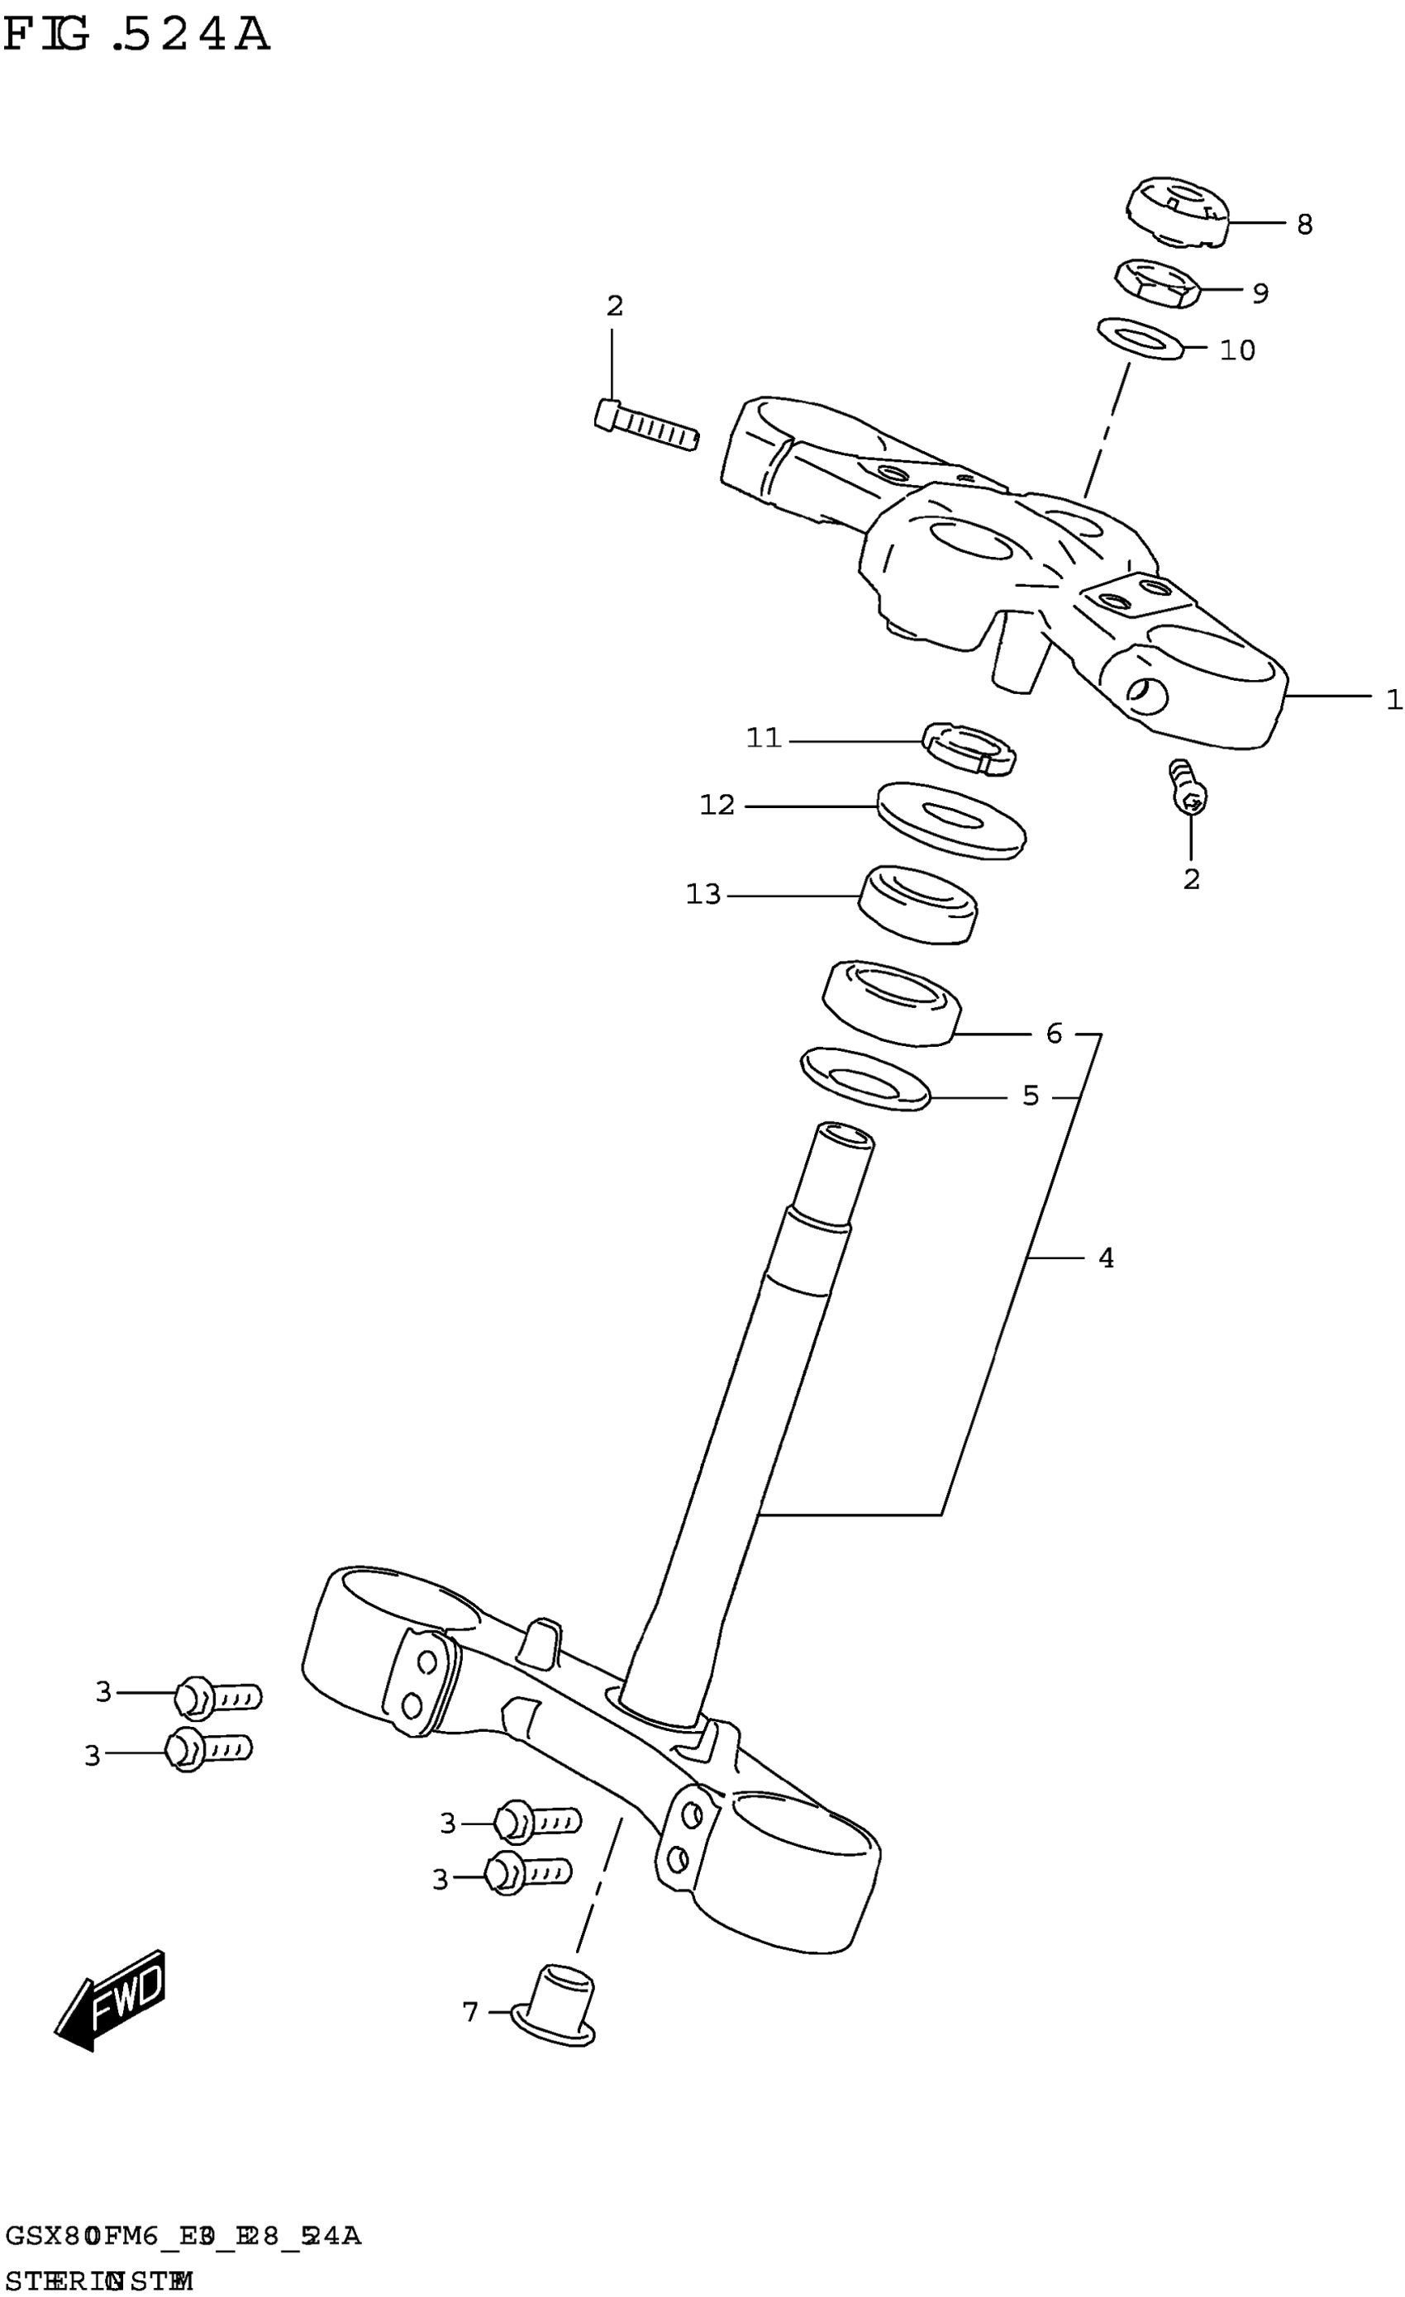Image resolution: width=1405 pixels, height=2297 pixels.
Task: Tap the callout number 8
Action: pyautogui.click(x=1304, y=225)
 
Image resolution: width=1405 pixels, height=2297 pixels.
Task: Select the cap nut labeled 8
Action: pyautogui.click(x=1177, y=212)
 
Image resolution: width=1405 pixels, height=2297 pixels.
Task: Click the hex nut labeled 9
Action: pyautogui.click(x=1156, y=284)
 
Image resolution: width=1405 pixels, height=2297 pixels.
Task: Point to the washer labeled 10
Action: pyautogui.click(x=1141, y=337)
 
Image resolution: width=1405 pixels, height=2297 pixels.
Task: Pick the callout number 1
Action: pyautogui.click(x=1393, y=699)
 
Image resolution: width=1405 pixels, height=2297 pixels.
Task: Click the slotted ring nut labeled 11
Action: pyautogui.click(x=969, y=749)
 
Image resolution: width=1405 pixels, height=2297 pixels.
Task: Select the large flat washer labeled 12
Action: pyautogui.click(x=951, y=820)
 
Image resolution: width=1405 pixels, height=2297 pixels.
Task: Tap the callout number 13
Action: pyautogui.click(x=703, y=895)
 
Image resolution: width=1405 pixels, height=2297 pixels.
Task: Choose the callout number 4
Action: pyautogui.click(x=1106, y=1258)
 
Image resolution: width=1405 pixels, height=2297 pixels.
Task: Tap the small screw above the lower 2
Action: pyautogui.click(x=1187, y=785)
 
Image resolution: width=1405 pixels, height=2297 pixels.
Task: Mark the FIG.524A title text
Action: pyautogui.click(x=136, y=37)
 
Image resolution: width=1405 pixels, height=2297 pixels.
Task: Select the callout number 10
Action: pyautogui.click(x=1237, y=350)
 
